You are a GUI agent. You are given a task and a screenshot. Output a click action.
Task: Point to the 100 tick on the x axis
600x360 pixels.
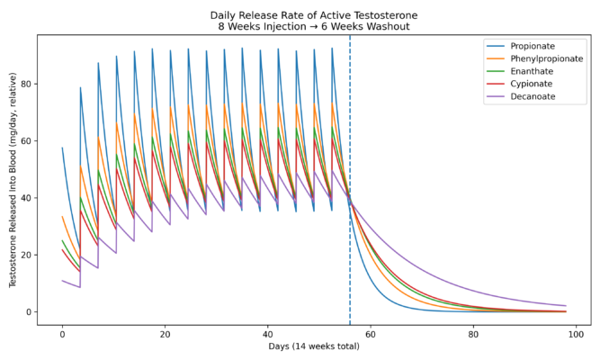(577, 333)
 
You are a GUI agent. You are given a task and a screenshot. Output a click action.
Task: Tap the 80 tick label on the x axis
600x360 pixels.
(474, 333)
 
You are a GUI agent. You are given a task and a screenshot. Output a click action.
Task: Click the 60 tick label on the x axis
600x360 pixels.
(371, 333)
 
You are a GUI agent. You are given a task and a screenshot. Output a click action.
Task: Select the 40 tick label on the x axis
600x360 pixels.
(268, 333)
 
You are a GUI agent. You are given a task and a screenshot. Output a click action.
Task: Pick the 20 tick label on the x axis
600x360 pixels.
(165, 333)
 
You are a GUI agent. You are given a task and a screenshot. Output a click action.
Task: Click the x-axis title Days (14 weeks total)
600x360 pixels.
(314, 346)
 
